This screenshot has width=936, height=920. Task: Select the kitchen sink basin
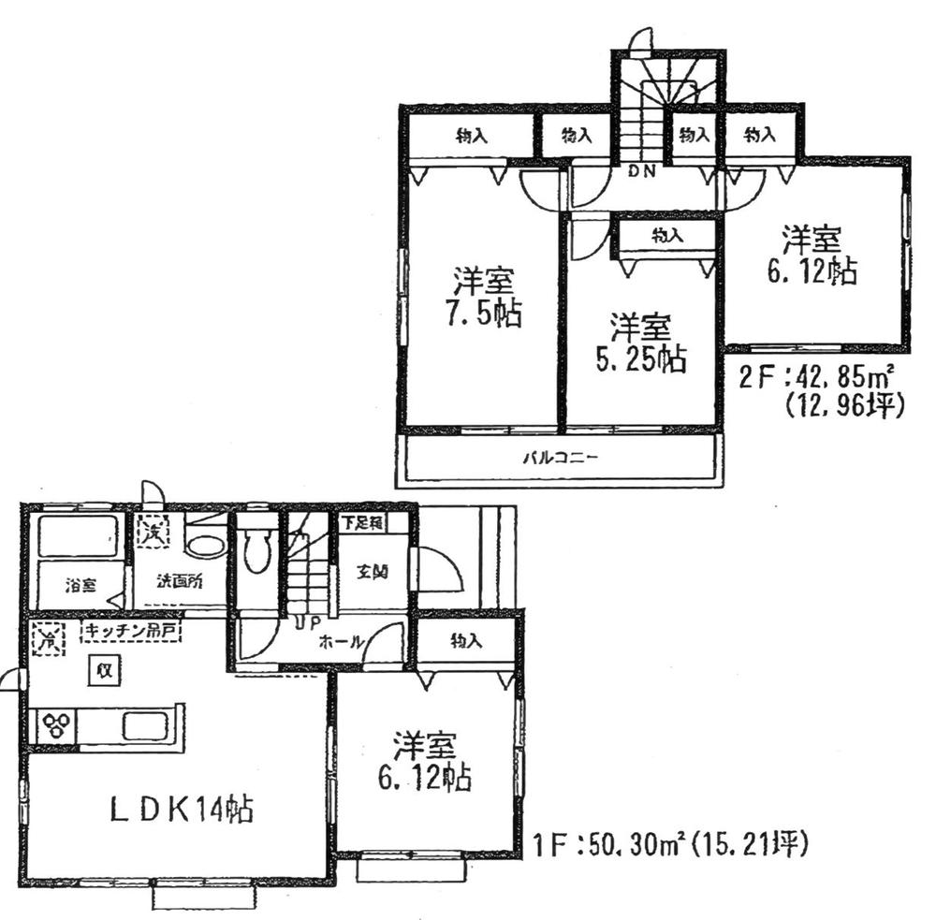(144, 726)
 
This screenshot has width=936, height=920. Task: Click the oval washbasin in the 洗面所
(205, 545)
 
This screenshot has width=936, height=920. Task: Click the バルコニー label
(560, 459)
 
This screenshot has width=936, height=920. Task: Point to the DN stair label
(640, 171)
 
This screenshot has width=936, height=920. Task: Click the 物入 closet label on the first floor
(465, 642)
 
